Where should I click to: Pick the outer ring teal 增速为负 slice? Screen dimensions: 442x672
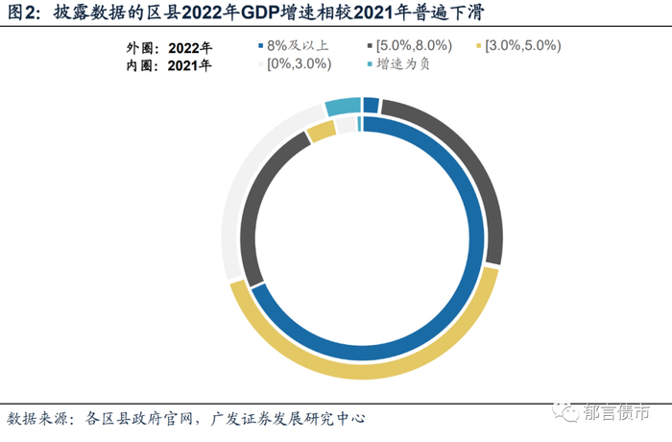coord(343,106)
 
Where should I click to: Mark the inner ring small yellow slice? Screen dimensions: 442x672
coord(322,132)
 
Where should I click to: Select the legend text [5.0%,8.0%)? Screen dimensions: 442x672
coord(414,45)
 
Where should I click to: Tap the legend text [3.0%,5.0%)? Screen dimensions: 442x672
coord(523,45)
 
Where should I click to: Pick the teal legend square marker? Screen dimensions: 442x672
coord(370,64)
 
